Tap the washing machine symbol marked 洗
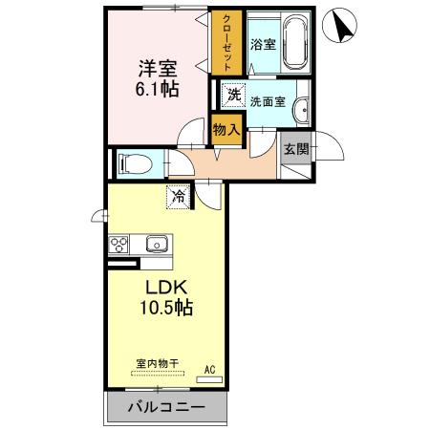233,95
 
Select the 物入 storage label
226,129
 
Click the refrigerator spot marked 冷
179,197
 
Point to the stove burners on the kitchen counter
119,245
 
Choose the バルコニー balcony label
165,408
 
